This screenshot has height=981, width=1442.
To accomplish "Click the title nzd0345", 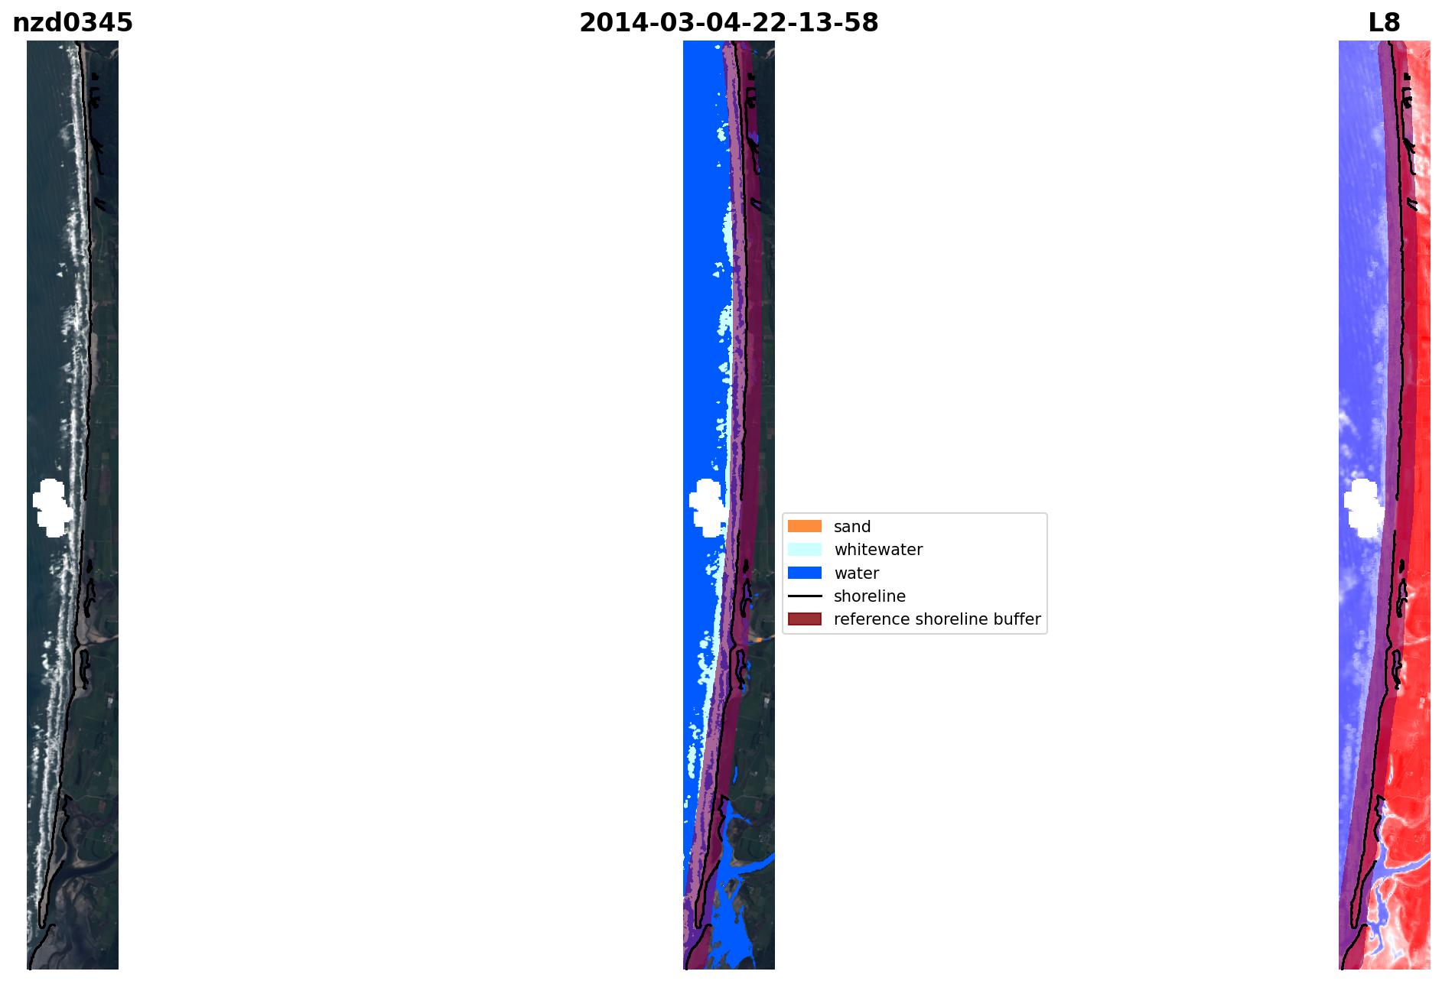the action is click(x=73, y=23).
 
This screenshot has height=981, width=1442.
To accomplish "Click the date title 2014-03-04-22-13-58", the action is click(x=728, y=23).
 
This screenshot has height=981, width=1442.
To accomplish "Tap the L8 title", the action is click(x=1384, y=23).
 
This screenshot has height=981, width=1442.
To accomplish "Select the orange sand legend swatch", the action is click(x=805, y=526).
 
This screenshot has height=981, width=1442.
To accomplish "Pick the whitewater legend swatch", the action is click(x=805, y=549).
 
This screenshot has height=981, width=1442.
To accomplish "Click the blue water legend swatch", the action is click(x=805, y=573).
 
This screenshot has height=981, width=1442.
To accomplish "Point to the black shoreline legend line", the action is click(x=805, y=596).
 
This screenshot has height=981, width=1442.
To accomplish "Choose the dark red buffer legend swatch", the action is click(x=805, y=619).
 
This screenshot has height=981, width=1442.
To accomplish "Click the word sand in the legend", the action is click(x=852, y=527).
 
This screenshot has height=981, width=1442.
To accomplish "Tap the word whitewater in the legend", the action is click(x=878, y=550).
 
